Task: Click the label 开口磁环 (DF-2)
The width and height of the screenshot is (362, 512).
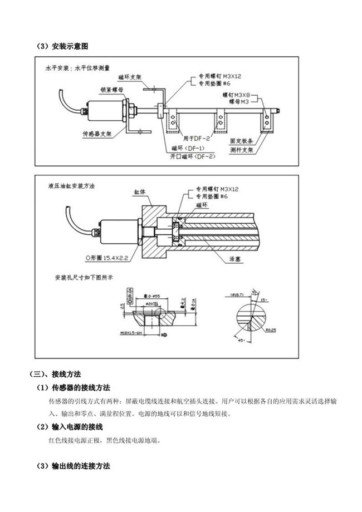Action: [192, 156]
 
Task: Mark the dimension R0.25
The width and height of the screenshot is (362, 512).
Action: [271, 329]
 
